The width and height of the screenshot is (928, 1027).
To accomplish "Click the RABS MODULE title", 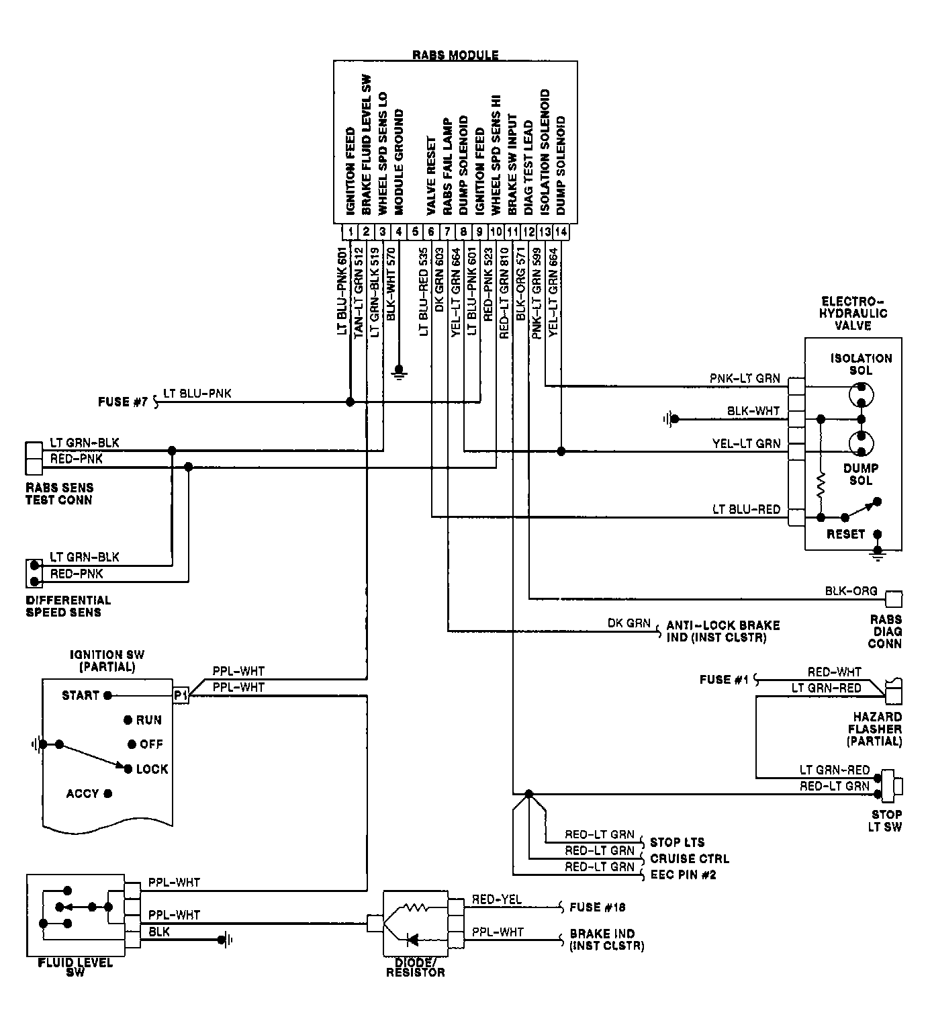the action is coord(455,55).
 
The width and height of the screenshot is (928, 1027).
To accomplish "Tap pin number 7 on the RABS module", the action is coord(447,232).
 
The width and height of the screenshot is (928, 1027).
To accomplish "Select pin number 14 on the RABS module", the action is coord(561,232).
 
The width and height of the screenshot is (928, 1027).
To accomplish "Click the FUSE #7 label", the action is coord(123,402).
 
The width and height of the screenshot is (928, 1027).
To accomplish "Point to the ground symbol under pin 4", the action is coord(400,371).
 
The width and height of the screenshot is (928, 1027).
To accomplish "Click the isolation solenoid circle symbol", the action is coord(861,395).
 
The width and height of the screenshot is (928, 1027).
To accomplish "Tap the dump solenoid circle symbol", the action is coord(861,443).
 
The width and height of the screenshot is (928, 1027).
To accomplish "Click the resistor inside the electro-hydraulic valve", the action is coord(821,486).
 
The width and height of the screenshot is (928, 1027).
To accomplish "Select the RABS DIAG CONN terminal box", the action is coord(894,599).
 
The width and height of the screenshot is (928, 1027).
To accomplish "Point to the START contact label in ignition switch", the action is coord(81,695).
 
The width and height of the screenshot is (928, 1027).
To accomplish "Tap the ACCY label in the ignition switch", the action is coord(83,793).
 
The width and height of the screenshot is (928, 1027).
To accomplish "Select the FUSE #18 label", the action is coord(598,907).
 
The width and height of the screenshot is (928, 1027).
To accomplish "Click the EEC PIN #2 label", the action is coord(683,875).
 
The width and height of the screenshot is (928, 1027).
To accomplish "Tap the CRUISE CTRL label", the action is coord(690,858).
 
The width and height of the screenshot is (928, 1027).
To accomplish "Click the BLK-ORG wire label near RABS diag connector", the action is coord(851,591).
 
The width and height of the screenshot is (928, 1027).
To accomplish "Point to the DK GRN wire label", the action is coord(629,623).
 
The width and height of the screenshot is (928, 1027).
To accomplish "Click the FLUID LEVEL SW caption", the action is coord(75,967).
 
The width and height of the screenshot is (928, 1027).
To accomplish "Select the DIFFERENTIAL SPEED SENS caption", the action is coord(68,606).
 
